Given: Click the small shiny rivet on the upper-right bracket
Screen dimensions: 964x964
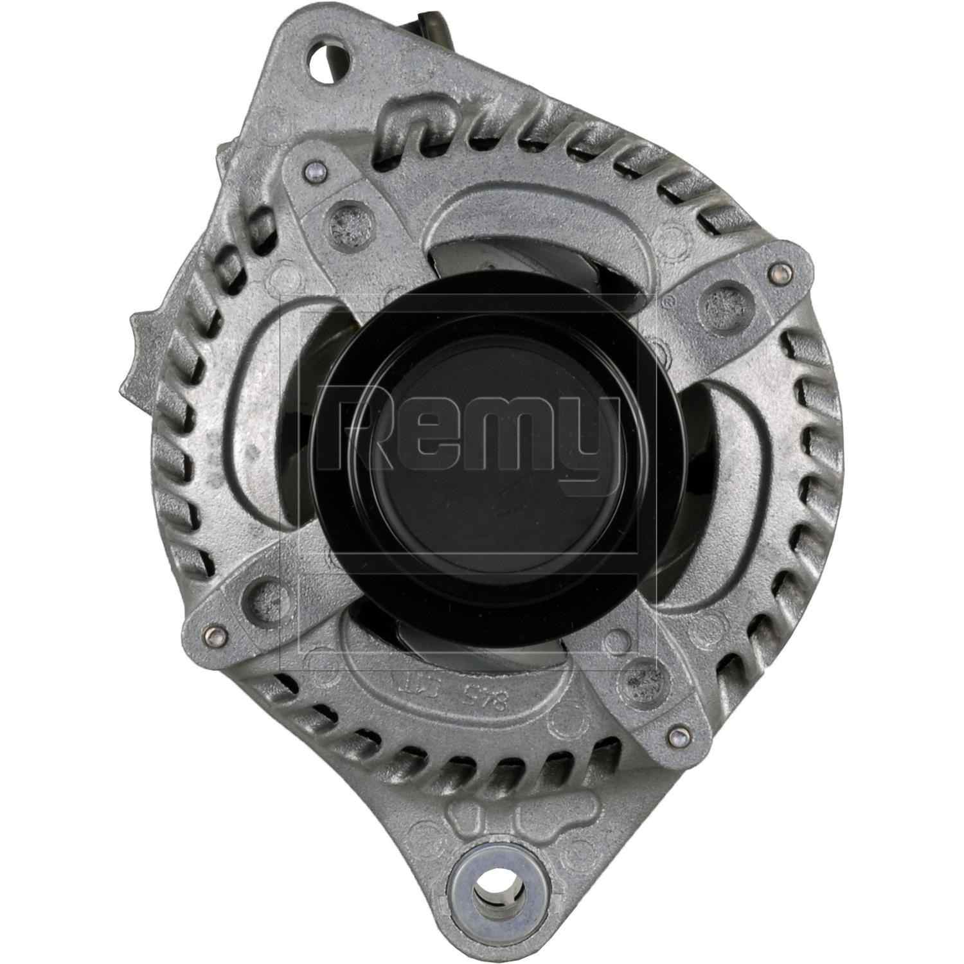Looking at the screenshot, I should (x=780, y=269).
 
